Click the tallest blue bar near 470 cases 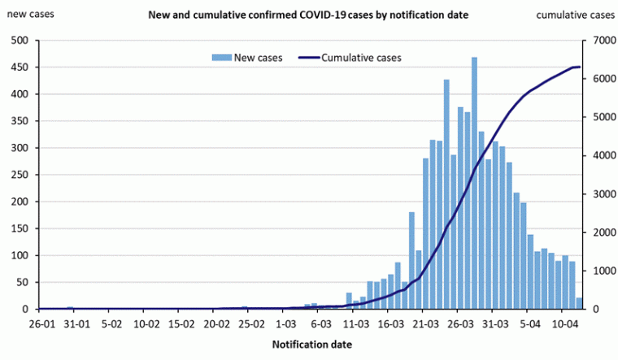(x=474, y=183)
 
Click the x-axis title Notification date (x=311, y=345)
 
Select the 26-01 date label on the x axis (x=41, y=323)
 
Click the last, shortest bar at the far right (x=579, y=304)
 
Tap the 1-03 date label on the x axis (x=287, y=323)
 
